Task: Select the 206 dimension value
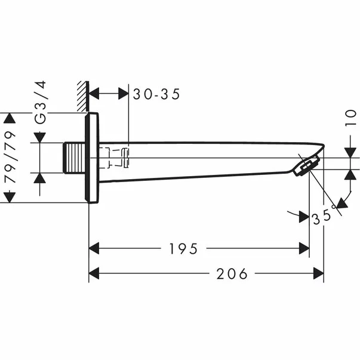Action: [232, 273]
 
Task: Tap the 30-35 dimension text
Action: [156, 94]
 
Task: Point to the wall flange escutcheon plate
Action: [92, 158]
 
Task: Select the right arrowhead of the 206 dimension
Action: [319, 273]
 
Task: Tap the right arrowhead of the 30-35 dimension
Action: [124, 94]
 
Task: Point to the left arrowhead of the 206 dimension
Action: [94, 273]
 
